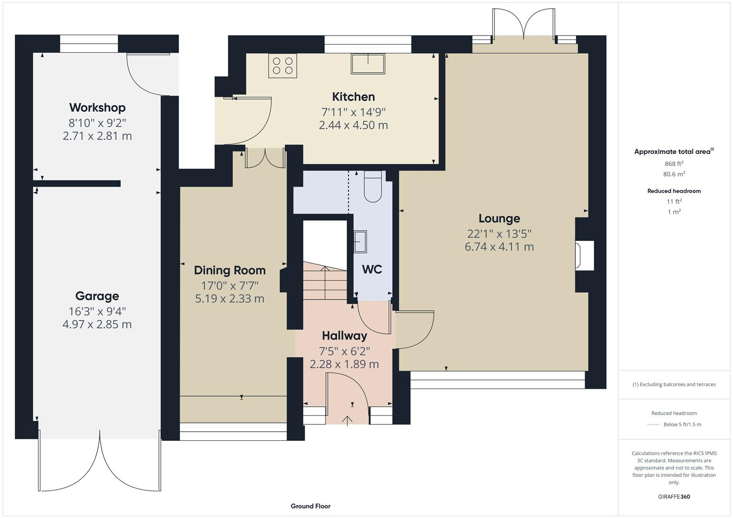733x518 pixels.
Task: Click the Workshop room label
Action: point(97,107)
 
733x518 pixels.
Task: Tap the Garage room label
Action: point(97,296)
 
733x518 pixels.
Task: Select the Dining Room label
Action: point(229,271)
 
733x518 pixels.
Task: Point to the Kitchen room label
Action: point(353,97)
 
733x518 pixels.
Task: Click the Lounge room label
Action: point(499,219)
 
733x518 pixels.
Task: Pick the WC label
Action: point(372,270)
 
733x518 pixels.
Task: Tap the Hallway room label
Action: point(344,336)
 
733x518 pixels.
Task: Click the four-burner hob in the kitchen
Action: point(282,66)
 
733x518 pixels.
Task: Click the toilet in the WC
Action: point(373,187)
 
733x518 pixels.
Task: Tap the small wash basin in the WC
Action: point(360,241)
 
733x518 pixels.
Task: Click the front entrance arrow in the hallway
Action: point(347,420)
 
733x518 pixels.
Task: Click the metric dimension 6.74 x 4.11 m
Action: point(499,247)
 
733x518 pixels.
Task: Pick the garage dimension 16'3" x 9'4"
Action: point(97,311)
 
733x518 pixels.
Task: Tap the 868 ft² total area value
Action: point(674,164)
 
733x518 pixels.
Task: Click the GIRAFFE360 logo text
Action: point(674,497)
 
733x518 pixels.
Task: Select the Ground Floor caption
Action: point(311,506)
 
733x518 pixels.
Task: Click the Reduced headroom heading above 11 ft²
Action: point(674,191)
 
